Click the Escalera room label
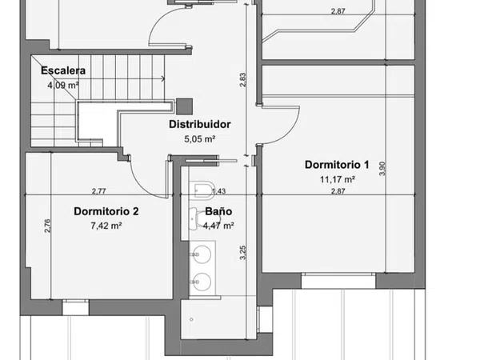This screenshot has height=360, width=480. coord(63,70)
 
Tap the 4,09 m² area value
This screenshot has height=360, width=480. coord(63,85)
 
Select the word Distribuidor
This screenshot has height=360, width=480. coord(199,124)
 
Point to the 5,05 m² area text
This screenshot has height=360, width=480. coord(199,139)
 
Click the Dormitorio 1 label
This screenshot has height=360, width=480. coord(337,165)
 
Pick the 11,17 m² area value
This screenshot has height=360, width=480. coord(338,179)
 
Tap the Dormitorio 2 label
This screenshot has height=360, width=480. coord(106,211)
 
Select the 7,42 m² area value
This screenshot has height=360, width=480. coord(106,226)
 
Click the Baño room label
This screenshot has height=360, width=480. coord(218,211)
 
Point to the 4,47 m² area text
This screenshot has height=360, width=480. coord(218,226)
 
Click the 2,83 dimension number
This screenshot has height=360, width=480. coord(242,80)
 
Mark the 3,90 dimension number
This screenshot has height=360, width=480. coord(382,169)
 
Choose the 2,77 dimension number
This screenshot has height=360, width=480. coord(99,191)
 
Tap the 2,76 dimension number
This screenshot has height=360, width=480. coord(47,226)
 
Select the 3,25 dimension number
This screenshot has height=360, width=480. coord(242,253)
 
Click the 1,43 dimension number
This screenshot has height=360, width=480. coord(218,191)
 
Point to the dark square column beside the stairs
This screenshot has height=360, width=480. coord(185,106)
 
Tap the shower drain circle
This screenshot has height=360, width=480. coord(192,319)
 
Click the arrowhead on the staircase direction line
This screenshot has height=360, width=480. coord(163,78)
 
